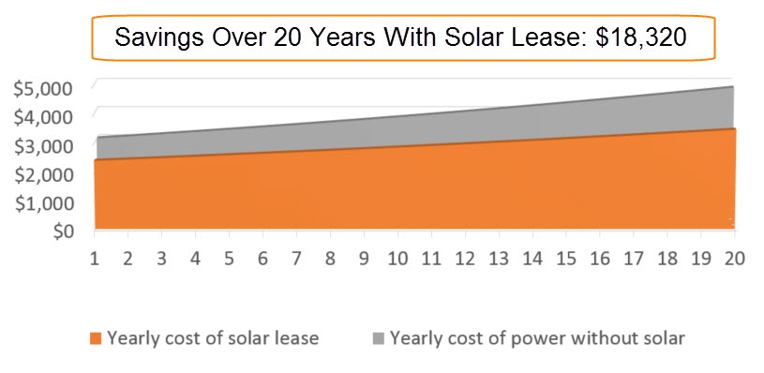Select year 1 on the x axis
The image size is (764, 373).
pyautogui.click(x=95, y=258)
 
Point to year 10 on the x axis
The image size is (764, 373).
pyautogui.click(x=397, y=258)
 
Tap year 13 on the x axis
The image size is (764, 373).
pyautogui.click(x=499, y=258)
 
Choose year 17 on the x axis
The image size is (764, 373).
pyautogui.click(x=634, y=258)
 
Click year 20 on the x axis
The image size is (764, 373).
pyautogui.click(x=734, y=258)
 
